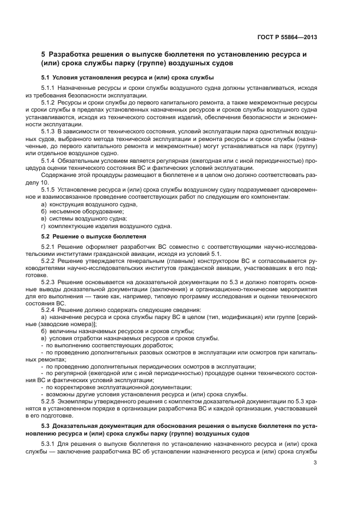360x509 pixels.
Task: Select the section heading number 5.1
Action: click(x=46, y=77)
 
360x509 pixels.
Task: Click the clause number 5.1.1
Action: click(x=48, y=88)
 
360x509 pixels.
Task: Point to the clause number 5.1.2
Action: click(x=48, y=102)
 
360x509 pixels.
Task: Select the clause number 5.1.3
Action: click(x=48, y=131)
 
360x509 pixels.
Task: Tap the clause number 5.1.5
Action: click(x=48, y=189)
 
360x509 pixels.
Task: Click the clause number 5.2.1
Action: click(x=48, y=247)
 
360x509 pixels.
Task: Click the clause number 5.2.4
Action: click(x=48, y=309)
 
